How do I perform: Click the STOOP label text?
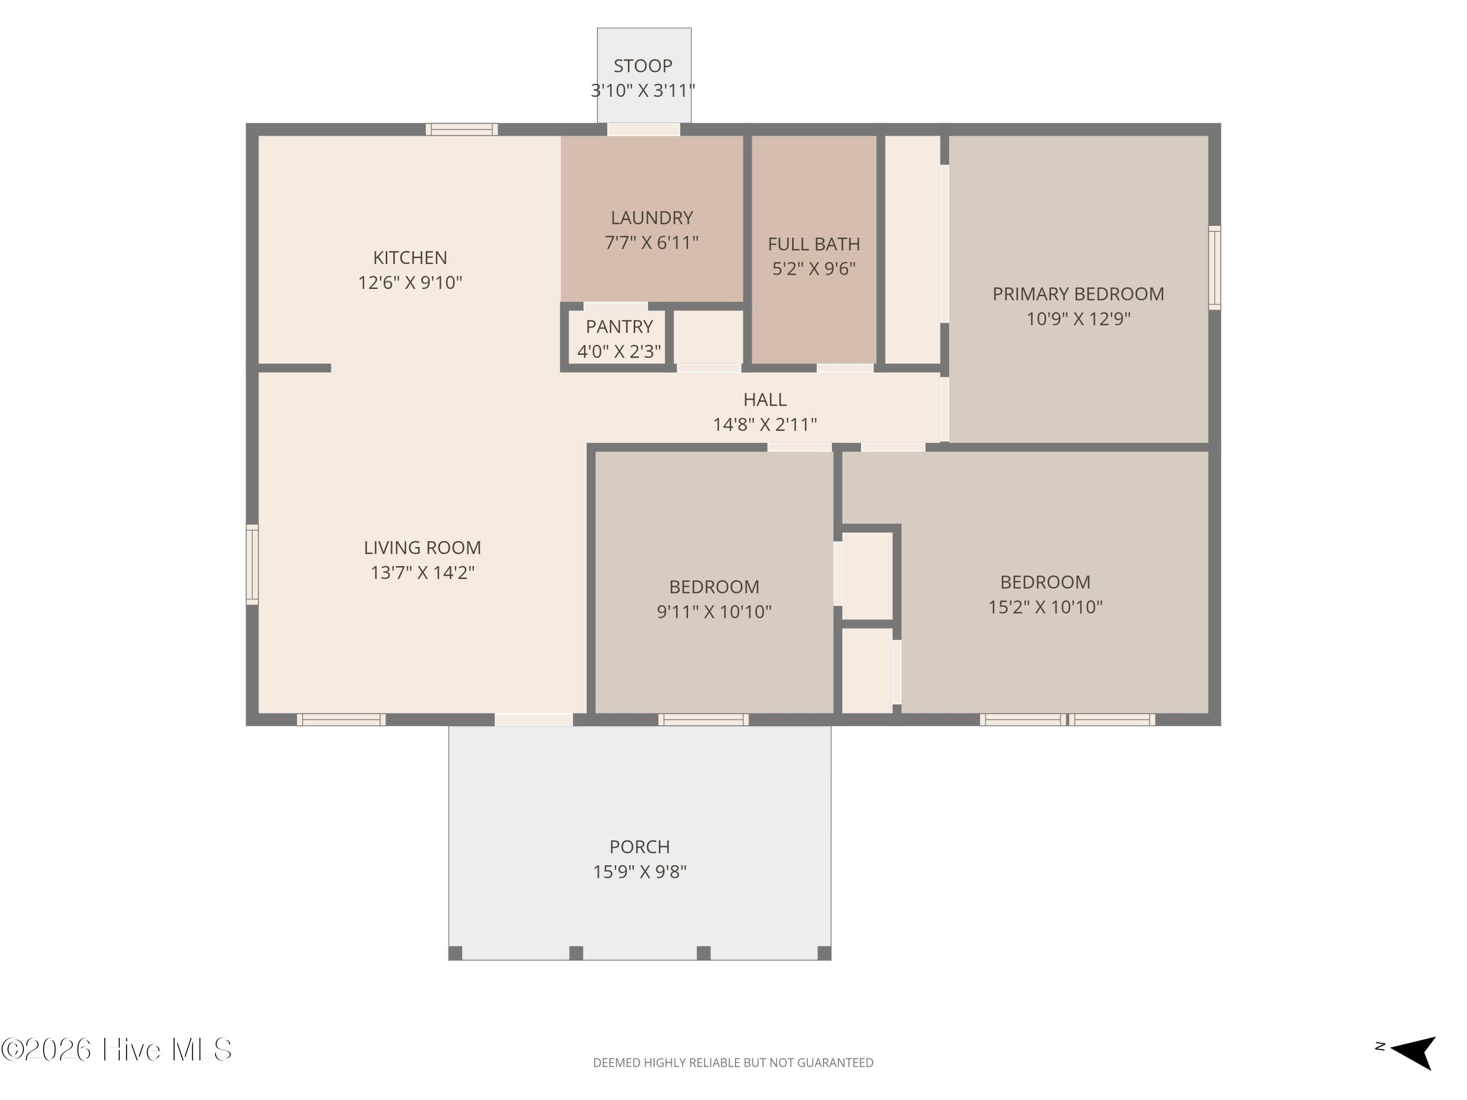[643, 66]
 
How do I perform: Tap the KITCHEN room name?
[410, 257]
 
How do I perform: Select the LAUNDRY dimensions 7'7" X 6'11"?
[651, 242]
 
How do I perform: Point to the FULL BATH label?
[814, 244]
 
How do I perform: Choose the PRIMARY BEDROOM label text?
[1078, 294]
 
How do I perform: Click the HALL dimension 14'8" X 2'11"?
[765, 424]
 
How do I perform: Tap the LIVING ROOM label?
[422, 548]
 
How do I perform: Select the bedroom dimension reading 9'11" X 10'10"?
[714, 611]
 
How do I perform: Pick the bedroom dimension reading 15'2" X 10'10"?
[1045, 607]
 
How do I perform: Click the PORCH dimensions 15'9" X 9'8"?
[639, 871]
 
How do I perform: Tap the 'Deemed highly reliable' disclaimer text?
[733, 1063]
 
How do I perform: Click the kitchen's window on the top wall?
[462, 129]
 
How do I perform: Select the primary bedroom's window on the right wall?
[1214, 268]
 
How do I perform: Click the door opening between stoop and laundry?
[644, 129]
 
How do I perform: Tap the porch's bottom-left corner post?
[455, 953]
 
